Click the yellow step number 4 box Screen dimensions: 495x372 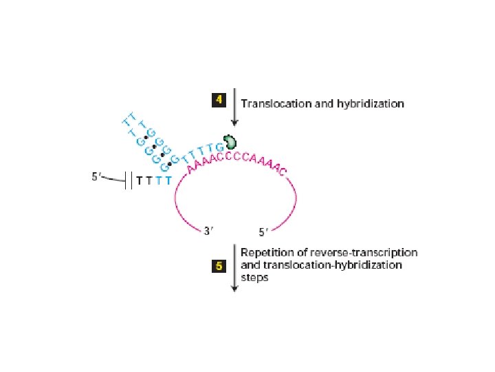click(x=219, y=100)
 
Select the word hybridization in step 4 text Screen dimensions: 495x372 click(x=373, y=104)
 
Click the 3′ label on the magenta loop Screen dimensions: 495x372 click(x=213, y=233)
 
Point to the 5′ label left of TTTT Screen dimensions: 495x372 click(x=99, y=177)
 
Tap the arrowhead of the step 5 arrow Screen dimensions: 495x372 click(x=234, y=288)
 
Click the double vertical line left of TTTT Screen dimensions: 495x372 click(x=129, y=181)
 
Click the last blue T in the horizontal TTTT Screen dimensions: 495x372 click(x=167, y=182)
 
